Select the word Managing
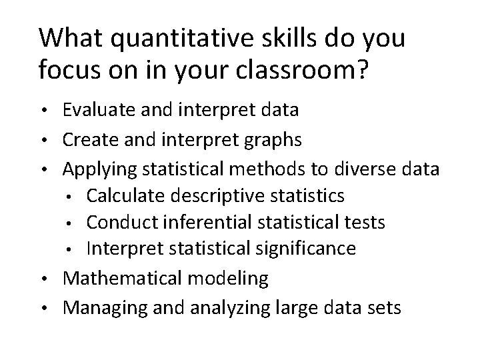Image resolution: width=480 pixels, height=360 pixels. coord(99,309)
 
